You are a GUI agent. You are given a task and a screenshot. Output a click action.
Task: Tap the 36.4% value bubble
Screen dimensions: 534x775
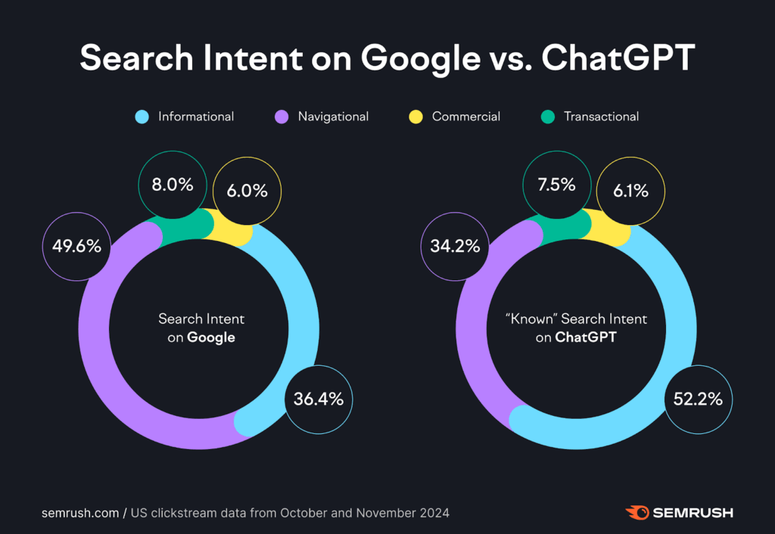click(319, 398)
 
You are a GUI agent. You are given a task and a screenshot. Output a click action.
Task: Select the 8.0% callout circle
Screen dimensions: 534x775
click(171, 184)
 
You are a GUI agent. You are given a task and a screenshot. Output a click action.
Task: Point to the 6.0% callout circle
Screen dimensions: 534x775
click(247, 191)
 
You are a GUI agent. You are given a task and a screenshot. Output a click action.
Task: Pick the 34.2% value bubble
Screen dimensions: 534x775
click(455, 246)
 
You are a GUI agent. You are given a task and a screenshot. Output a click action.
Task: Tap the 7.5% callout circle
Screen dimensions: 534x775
click(556, 184)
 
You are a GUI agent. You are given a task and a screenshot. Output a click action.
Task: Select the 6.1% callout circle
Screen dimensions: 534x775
click(630, 191)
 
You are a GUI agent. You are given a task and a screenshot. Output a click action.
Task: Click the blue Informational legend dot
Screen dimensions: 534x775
click(142, 117)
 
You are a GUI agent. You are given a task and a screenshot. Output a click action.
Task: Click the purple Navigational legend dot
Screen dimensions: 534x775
click(281, 117)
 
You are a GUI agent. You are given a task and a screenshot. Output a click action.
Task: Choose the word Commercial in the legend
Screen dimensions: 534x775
click(465, 117)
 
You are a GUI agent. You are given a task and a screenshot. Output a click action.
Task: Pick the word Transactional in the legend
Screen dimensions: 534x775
click(601, 117)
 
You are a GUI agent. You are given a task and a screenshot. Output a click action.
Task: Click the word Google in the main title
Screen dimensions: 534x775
click(409, 58)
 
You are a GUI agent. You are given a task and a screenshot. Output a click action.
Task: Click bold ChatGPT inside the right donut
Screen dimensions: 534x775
click(585, 338)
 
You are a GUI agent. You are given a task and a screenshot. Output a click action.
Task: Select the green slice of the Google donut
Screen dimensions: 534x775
click(186, 225)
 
